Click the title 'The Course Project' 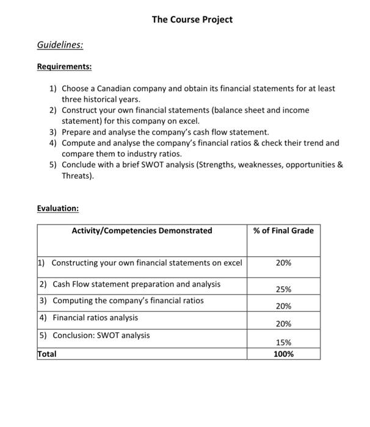point(192,20)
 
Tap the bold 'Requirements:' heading point(63,66)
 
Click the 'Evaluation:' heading point(58,208)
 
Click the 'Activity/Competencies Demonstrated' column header point(142,231)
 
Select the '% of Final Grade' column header point(283,231)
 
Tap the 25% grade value point(283,289)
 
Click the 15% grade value point(283,343)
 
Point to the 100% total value point(283,354)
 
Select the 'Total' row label point(47,354)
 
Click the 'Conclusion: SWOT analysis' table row point(101,335)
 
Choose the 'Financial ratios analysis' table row point(95,318)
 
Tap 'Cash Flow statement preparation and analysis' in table point(137,284)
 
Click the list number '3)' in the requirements point(53,132)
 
